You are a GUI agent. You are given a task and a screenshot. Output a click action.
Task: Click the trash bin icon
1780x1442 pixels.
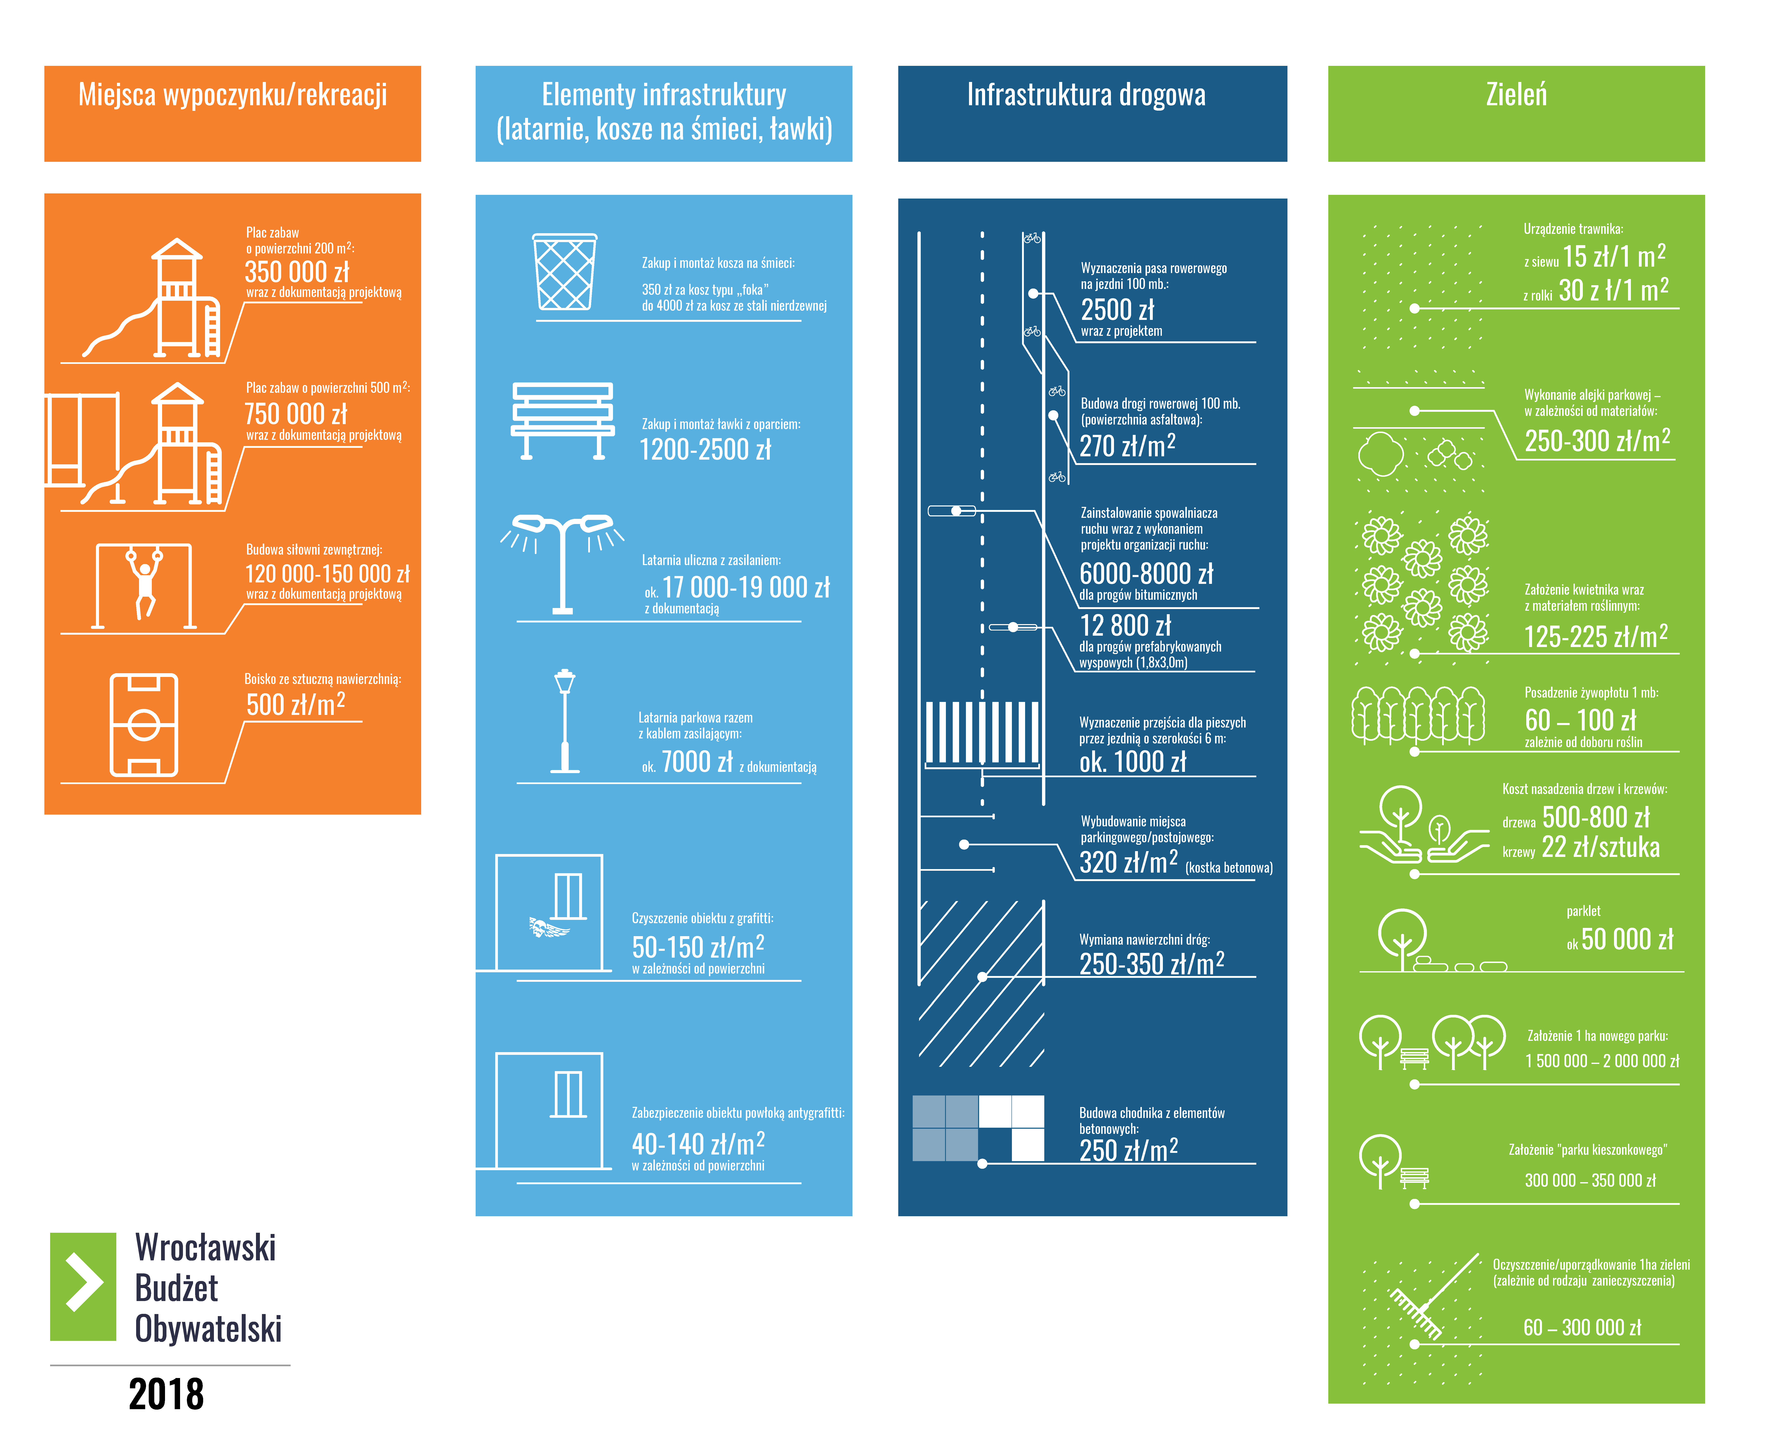point(564,272)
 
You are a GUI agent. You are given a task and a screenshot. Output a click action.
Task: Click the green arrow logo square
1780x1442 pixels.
point(83,1287)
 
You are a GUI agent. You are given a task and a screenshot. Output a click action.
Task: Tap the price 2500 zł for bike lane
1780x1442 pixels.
point(1118,310)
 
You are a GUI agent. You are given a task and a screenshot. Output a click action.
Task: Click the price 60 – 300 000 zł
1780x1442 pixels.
point(1582,1327)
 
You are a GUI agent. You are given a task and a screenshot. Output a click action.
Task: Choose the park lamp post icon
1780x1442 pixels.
point(565,721)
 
